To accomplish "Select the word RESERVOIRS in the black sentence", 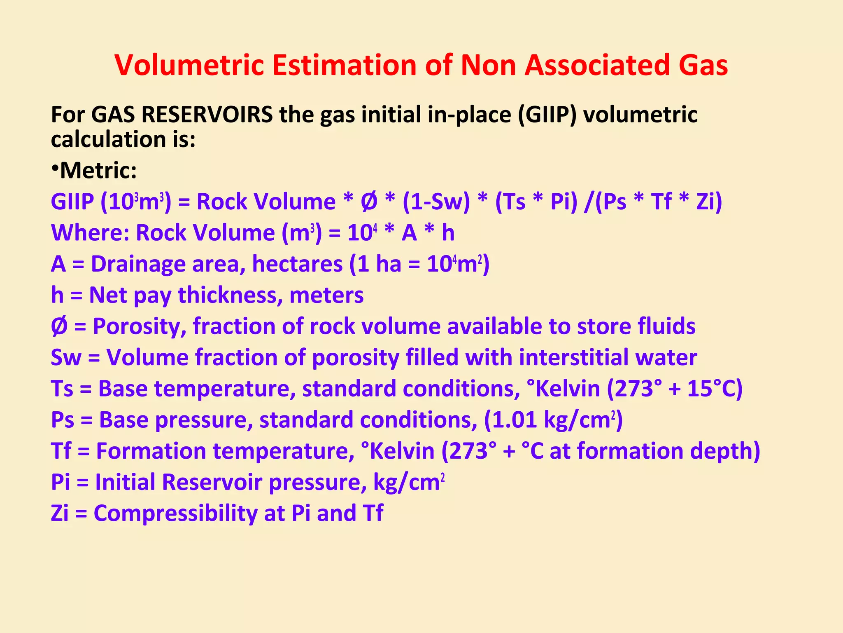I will tap(207, 114).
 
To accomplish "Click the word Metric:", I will tap(99, 170).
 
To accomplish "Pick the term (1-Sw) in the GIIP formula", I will tap(436, 202).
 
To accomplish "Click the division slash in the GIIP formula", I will tap(588, 202).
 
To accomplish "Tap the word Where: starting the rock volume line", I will tap(90, 232).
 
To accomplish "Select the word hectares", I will tap(297, 264).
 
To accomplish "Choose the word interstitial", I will tap(573, 357).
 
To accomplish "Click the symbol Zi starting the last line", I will tap(60, 513).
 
